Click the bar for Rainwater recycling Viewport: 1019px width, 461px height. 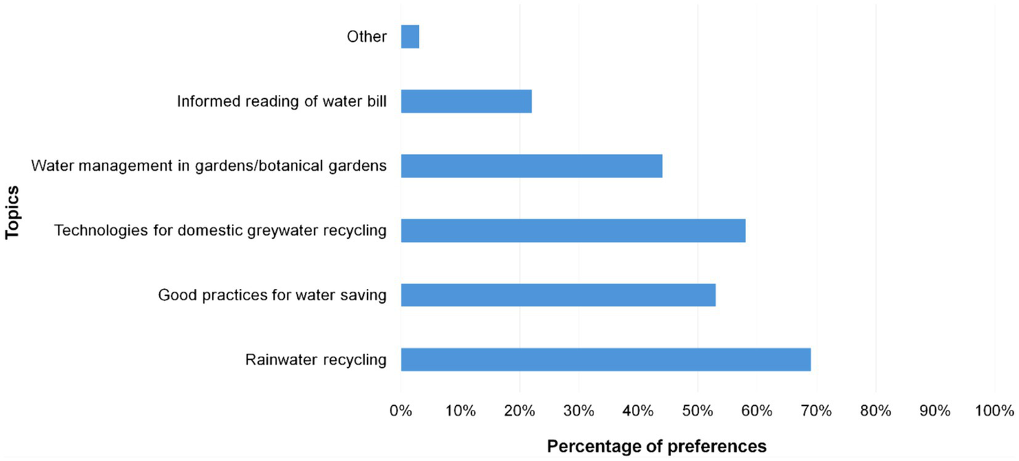(x=605, y=359)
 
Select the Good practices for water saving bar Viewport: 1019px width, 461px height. (x=558, y=295)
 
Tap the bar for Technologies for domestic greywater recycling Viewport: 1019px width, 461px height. (x=573, y=230)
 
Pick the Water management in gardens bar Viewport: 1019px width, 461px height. (x=531, y=166)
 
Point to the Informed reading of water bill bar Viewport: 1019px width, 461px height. (x=466, y=101)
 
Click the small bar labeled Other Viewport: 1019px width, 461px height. (x=410, y=37)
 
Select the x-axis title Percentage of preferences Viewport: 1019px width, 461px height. (x=656, y=446)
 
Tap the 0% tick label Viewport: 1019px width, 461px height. (x=401, y=411)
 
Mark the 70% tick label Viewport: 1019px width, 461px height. (x=817, y=411)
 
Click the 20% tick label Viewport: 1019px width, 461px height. (x=520, y=411)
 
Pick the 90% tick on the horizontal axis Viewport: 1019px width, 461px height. (x=935, y=411)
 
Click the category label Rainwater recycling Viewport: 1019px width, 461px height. (x=315, y=360)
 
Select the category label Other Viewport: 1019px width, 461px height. (x=366, y=37)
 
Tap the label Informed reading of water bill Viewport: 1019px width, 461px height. (x=281, y=102)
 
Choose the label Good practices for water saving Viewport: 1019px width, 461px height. (x=272, y=295)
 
